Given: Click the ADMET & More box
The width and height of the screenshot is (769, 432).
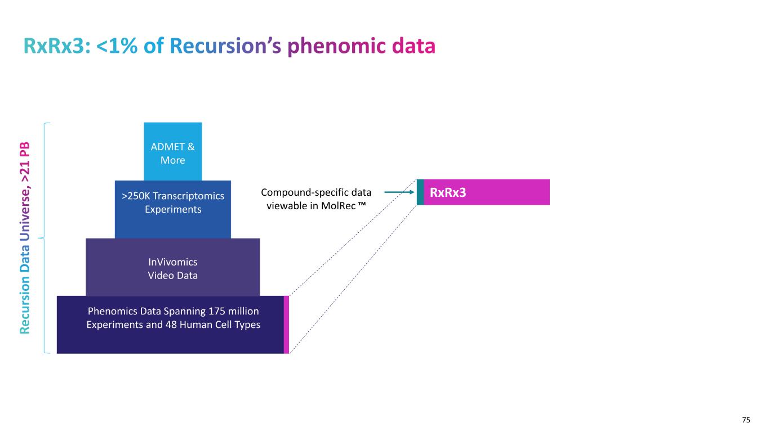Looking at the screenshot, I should (172, 151).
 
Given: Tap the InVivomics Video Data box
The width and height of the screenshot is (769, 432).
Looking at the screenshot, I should (172, 267).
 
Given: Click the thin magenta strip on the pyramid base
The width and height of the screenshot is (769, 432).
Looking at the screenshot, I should (286, 325).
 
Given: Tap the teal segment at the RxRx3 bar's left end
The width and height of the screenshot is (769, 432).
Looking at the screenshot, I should (420, 192).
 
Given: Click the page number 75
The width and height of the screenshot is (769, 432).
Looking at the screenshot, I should (746, 420).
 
